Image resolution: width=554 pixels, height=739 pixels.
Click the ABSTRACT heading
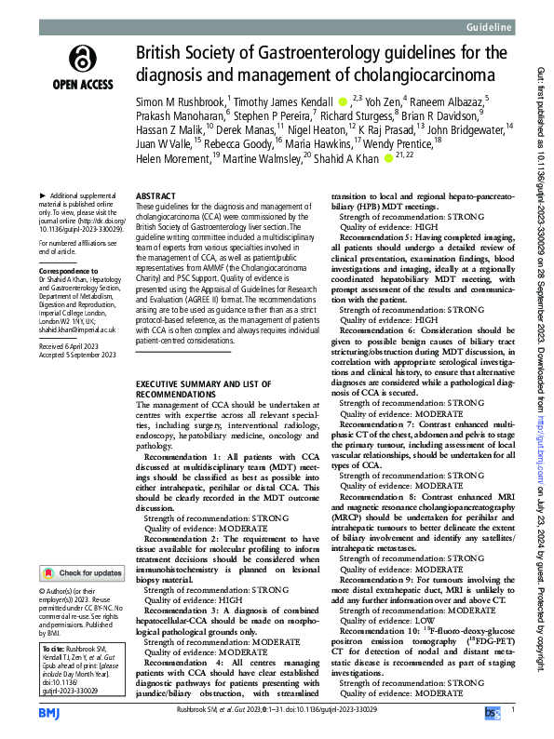tap(155, 198)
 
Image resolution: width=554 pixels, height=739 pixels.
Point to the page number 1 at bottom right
tap(513, 713)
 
